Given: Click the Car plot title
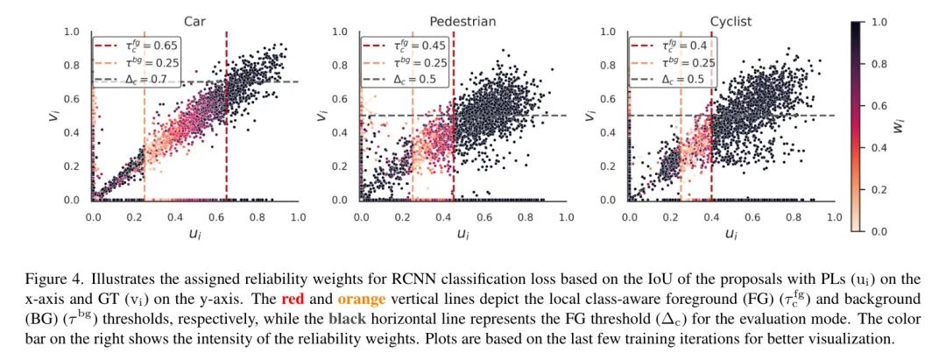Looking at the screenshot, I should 195,21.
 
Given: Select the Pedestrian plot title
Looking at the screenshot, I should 463,21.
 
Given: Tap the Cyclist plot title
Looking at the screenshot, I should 731,21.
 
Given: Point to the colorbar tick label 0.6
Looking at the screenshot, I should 879,105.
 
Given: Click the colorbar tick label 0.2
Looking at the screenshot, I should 879,189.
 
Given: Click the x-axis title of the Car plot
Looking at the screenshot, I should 195,234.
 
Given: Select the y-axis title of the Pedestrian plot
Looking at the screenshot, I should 321,116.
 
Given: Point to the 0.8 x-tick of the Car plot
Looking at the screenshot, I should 258,216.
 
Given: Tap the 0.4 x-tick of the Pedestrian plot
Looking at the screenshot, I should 443,216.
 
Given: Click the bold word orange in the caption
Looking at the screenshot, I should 361,298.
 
